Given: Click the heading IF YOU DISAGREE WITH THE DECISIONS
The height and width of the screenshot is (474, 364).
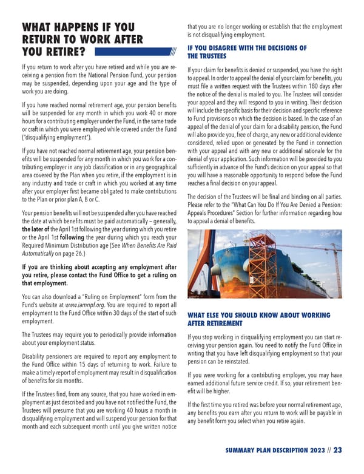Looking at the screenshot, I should point(247,49).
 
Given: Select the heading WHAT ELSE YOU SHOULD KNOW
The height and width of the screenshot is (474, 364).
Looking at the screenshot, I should point(259,316).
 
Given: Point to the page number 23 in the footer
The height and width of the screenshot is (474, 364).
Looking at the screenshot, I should point(338,450).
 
